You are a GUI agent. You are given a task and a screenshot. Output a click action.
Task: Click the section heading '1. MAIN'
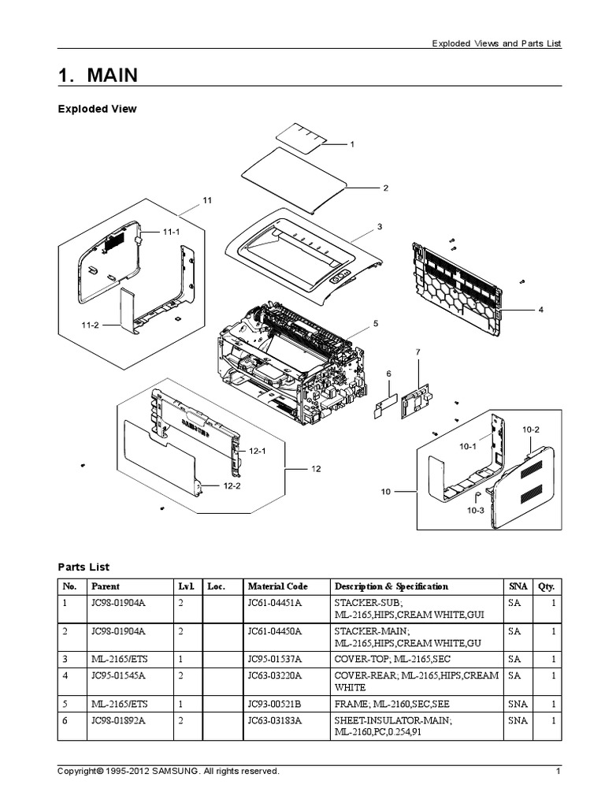(98, 76)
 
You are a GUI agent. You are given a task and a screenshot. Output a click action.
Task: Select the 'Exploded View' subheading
(98, 110)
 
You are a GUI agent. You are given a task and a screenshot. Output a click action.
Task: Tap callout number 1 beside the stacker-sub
(352, 144)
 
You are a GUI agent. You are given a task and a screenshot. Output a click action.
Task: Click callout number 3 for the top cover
(379, 227)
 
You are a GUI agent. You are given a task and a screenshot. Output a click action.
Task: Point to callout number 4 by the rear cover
(541, 310)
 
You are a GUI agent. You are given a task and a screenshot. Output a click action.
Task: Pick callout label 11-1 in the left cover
(171, 232)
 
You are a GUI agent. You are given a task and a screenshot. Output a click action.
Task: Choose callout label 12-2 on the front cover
(232, 486)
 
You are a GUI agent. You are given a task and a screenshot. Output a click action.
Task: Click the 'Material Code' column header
(278, 586)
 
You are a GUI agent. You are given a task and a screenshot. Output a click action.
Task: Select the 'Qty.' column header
(546, 586)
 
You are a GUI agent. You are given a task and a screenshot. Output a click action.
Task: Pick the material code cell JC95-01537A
(274, 658)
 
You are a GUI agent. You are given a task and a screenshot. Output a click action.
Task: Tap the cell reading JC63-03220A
(274, 676)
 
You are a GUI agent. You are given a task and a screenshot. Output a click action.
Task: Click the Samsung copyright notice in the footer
(169, 772)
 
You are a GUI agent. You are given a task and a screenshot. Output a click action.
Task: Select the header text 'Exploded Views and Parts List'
(496, 44)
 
